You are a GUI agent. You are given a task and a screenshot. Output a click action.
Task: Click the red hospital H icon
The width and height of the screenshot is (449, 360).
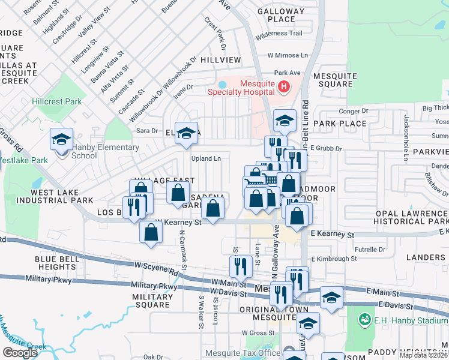[x=284, y=88]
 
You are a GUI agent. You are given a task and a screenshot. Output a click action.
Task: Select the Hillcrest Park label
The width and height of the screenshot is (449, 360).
[x=57, y=101]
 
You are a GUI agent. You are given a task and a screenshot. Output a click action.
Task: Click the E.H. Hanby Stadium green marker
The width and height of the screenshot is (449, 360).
[x=363, y=318]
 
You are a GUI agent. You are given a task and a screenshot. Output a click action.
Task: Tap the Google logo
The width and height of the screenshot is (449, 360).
[x=20, y=352]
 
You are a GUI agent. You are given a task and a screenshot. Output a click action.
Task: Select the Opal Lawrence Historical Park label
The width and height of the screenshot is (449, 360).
[x=412, y=217]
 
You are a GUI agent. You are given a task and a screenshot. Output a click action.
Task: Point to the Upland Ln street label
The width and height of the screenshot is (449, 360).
[x=206, y=158]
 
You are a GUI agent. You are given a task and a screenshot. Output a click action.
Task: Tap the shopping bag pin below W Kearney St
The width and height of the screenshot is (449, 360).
[x=151, y=232]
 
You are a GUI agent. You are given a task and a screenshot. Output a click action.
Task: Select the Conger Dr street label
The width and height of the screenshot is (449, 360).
[x=349, y=111]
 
